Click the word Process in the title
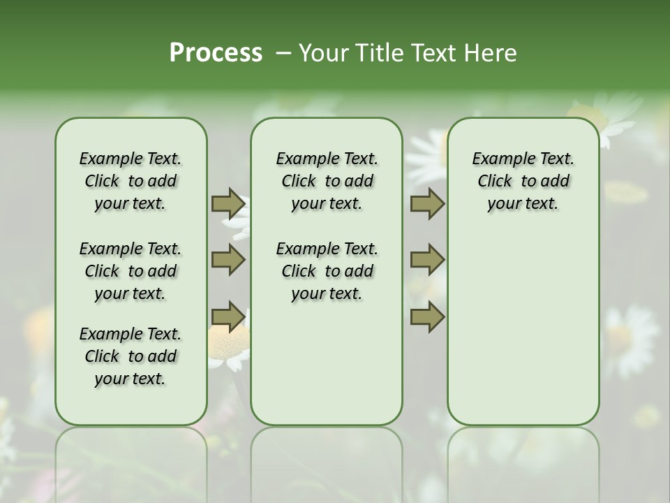(216, 53)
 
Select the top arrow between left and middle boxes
(228, 204)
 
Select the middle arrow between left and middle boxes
(228, 260)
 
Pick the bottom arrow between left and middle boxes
(228, 316)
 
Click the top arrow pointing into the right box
(427, 204)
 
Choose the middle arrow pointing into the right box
(427, 260)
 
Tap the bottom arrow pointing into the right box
(427, 316)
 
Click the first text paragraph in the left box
(131, 181)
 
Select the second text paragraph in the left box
(131, 271)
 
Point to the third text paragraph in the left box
(131, 356)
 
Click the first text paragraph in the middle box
(327, 181)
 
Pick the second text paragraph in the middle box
(327, 271)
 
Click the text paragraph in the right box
(523, 181)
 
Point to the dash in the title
(281, 54)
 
